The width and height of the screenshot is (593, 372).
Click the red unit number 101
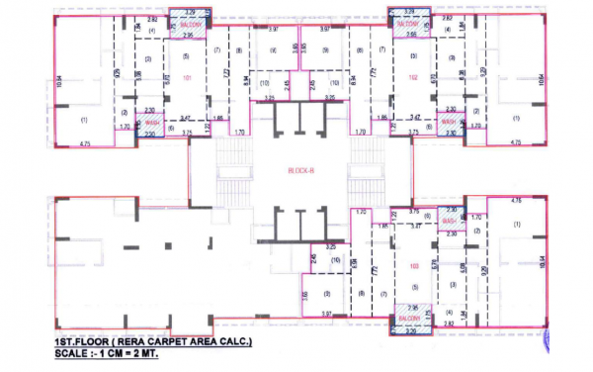[x=187, y=76]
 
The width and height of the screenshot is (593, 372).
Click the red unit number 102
[x=413, y=76]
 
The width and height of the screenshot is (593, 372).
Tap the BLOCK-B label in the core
[x=301, y=170]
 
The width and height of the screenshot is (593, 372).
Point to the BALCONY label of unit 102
[x=409, y=23]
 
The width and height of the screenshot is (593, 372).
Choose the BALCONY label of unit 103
[x=409, y=319]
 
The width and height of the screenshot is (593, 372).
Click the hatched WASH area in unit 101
[x=151, y=124]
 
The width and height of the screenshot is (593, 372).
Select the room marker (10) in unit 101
[x=268, y=82]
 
